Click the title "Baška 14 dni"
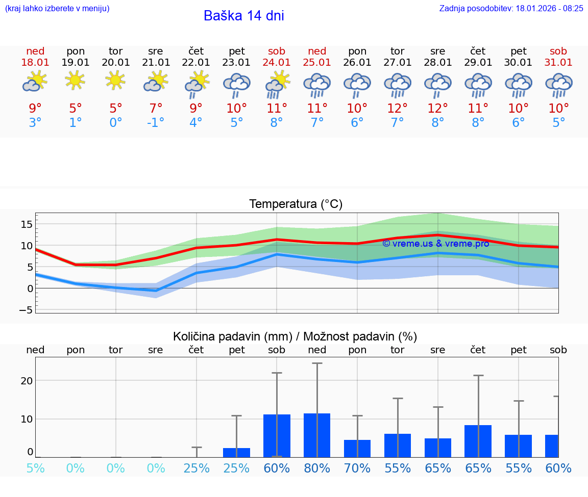(243, 16)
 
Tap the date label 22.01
(196, 62)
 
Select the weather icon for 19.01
(75, 81)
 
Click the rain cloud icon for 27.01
(398, 85)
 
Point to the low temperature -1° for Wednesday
(156, 123)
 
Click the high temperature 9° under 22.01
(196, 108)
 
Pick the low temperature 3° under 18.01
(35, 123)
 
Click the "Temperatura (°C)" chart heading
(296, 204)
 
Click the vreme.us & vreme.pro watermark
(435, 244)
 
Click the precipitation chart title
(295, 336)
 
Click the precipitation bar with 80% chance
(317, 435)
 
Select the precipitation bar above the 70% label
(357, 449)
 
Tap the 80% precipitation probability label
(317, 468)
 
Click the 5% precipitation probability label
(35, 468)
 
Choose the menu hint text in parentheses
(57, 8)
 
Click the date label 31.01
(558, 62)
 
